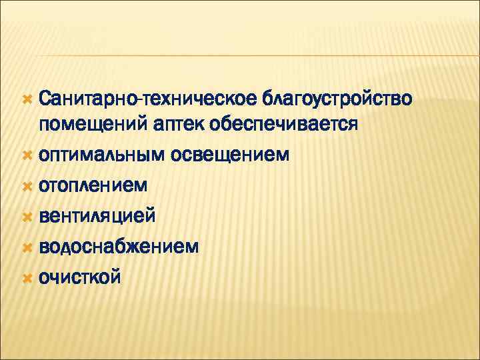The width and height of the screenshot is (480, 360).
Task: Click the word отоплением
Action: (93, 185)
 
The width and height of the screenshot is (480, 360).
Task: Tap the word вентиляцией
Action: (97, 216)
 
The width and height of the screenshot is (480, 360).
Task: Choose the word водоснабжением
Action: (118, 247)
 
